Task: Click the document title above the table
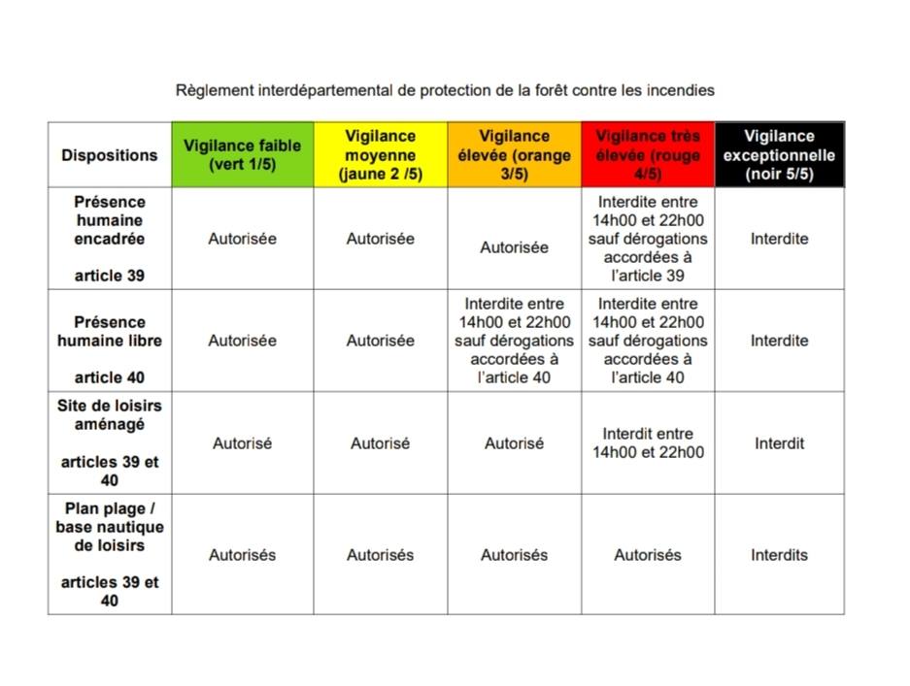pos(445,90)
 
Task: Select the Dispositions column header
pos(109,155)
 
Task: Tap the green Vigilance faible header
pos(242,155)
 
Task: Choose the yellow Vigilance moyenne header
pos(380,155)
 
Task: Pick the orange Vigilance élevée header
pos(514,155)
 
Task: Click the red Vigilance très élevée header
pos(648,155)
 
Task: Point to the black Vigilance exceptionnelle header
pos(779,155)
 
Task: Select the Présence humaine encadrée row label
pos(110,239)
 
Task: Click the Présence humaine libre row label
pos(110,341)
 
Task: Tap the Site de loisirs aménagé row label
pos(110,442)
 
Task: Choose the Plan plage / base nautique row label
pos(110,554)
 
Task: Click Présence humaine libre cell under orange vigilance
pos(514,341)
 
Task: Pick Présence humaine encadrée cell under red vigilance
pos(648,239)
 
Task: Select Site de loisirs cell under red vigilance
pos(648,443)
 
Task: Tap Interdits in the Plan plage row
pos(779,555)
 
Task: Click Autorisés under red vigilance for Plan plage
pos(648,555)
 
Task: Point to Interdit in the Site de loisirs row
pos(779,443)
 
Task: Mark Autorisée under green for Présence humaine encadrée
pos(242,239)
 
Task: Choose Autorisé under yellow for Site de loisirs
pos(380,443)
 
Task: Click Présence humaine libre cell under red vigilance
pos(648,341)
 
